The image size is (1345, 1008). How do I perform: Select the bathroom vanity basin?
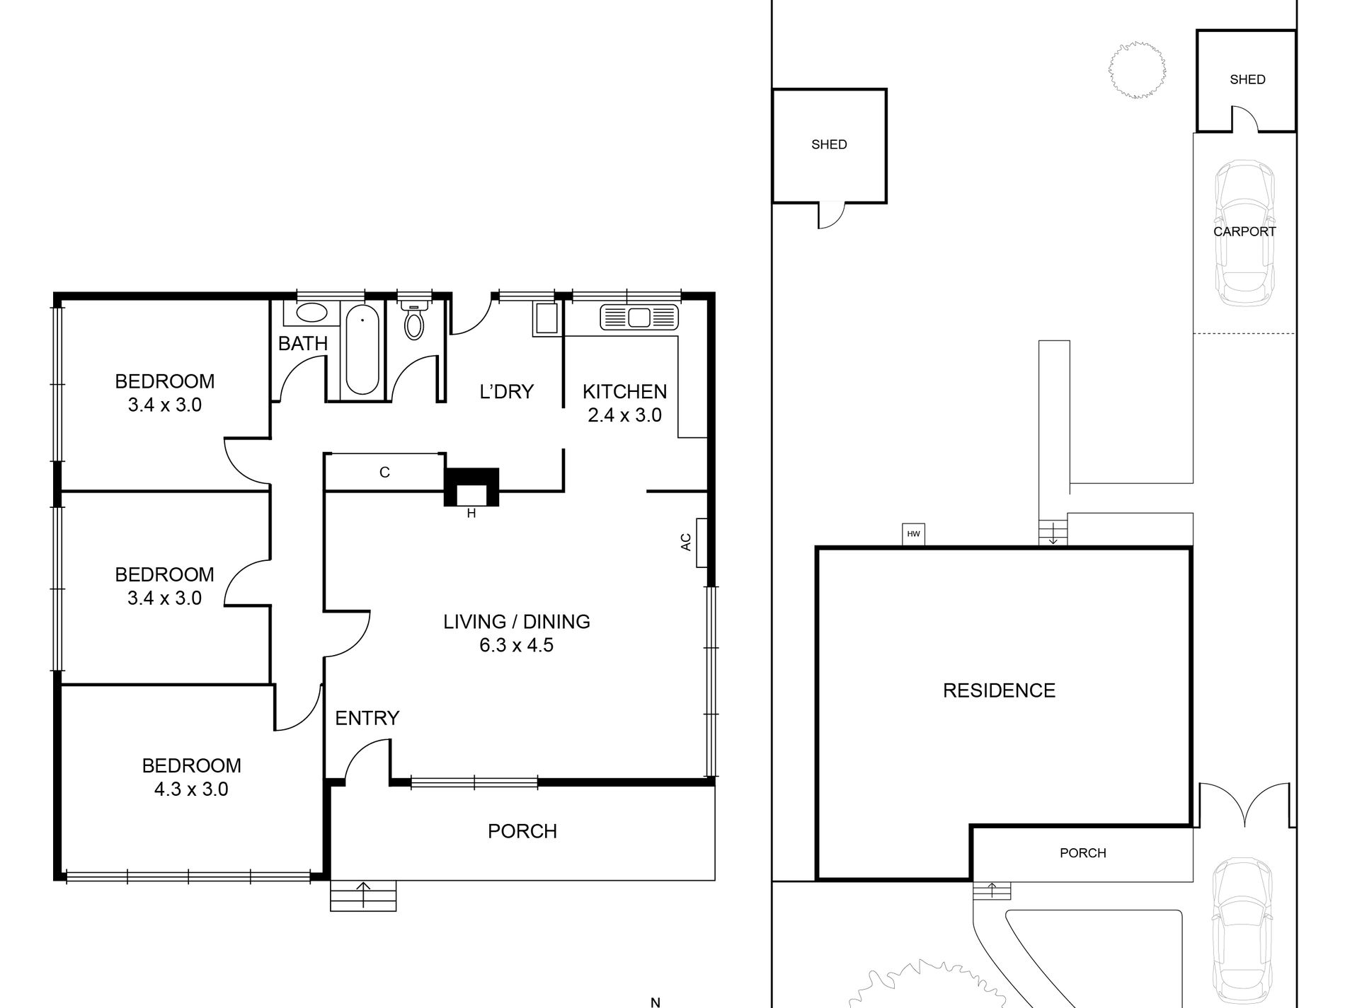click(310, 312)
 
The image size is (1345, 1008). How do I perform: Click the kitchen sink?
click(639, 317)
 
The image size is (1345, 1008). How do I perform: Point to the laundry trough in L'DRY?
click(546, 318)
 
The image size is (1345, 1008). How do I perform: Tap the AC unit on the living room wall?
click(702, 543)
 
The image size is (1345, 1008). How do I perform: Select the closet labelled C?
click(384, 473)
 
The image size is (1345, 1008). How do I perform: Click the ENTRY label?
click(367, 718)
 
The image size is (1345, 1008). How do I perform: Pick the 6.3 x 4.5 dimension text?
click(516, 645)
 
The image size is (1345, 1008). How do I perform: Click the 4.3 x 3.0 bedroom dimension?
click(191, 789)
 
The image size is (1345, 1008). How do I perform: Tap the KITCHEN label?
click(624, 391)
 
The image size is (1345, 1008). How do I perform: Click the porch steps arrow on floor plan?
click(364, 895)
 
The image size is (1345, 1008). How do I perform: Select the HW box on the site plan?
click(913, 534)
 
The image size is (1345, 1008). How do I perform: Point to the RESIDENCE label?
click(999, 690)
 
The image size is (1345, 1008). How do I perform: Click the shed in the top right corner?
click(1247, 80)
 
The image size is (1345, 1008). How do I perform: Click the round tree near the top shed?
click(1137, 69)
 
